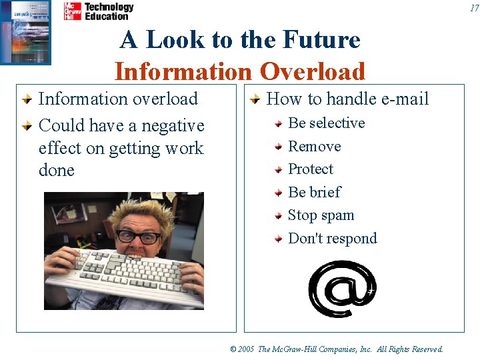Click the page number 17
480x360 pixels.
474,8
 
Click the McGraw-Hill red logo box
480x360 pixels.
72,11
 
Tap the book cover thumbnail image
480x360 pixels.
25,32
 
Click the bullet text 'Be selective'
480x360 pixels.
326,123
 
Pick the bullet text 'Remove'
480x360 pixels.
314,147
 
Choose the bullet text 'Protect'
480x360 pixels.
310,169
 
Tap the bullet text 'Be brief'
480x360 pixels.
314,192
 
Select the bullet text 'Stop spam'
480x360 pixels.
321,215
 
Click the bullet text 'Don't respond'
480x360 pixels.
332,239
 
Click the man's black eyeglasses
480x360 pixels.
139,237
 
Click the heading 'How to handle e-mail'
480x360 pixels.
347,99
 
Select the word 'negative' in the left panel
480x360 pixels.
173,126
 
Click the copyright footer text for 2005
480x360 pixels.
336,349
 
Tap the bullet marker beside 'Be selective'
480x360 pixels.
280,124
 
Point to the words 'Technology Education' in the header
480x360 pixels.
109,11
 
